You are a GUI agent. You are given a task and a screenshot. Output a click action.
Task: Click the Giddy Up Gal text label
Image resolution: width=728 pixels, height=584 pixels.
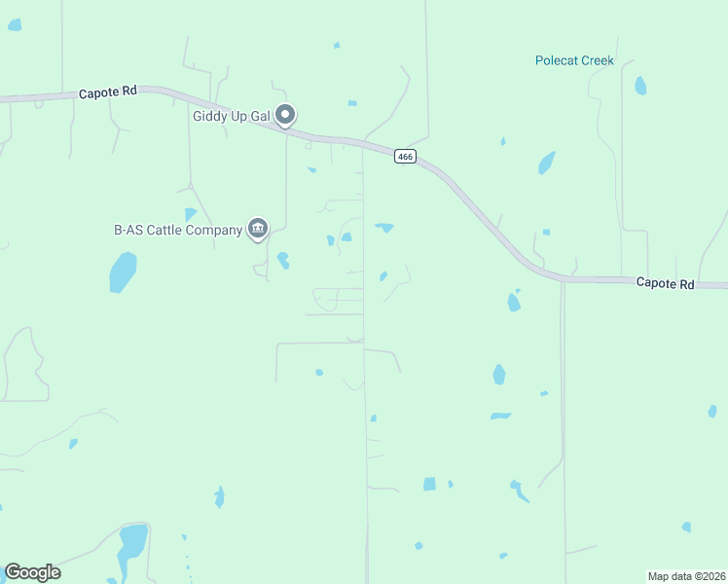(229, 116)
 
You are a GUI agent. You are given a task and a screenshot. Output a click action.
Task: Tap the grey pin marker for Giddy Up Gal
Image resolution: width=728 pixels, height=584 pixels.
(285, 116)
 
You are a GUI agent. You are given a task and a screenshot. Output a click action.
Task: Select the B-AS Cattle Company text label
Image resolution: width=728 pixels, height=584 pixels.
(177, 231)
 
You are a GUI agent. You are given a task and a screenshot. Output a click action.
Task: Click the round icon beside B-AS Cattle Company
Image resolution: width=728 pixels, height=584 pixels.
(258, 229)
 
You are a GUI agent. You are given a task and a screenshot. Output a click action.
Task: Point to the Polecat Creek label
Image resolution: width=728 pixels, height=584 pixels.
(574, 60)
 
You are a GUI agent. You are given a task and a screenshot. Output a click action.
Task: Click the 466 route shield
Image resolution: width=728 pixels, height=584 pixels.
(406, 157)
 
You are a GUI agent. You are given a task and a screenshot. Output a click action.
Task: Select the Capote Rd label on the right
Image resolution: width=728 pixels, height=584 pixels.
(666, 283)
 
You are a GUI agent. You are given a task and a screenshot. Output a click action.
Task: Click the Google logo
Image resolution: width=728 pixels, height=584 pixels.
(32, 572)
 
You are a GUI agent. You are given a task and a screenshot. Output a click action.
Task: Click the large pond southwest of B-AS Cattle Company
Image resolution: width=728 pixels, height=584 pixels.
(123, 271)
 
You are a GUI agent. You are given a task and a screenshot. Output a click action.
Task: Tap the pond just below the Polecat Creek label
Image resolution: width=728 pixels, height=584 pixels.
(639, 86)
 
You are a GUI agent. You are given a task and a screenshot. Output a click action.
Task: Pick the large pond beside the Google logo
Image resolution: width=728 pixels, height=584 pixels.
(131, 545)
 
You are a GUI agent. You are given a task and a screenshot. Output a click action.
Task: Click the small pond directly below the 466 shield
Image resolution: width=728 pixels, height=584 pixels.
(384, 228)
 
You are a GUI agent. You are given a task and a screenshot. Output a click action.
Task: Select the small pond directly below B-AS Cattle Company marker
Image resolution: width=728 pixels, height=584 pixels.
(282, 260)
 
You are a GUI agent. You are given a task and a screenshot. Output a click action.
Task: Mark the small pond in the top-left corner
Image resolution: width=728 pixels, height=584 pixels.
(15, 24)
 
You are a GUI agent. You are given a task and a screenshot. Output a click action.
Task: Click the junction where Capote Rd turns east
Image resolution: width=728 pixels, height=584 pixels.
(562, 280)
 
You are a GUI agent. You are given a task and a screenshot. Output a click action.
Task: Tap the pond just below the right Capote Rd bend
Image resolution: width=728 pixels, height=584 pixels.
(514, 302)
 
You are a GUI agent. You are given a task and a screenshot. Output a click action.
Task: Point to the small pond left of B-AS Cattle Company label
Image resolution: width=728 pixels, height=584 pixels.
(190, 214)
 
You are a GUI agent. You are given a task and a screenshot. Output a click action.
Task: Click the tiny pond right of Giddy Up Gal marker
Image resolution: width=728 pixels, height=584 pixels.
(351, 102)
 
